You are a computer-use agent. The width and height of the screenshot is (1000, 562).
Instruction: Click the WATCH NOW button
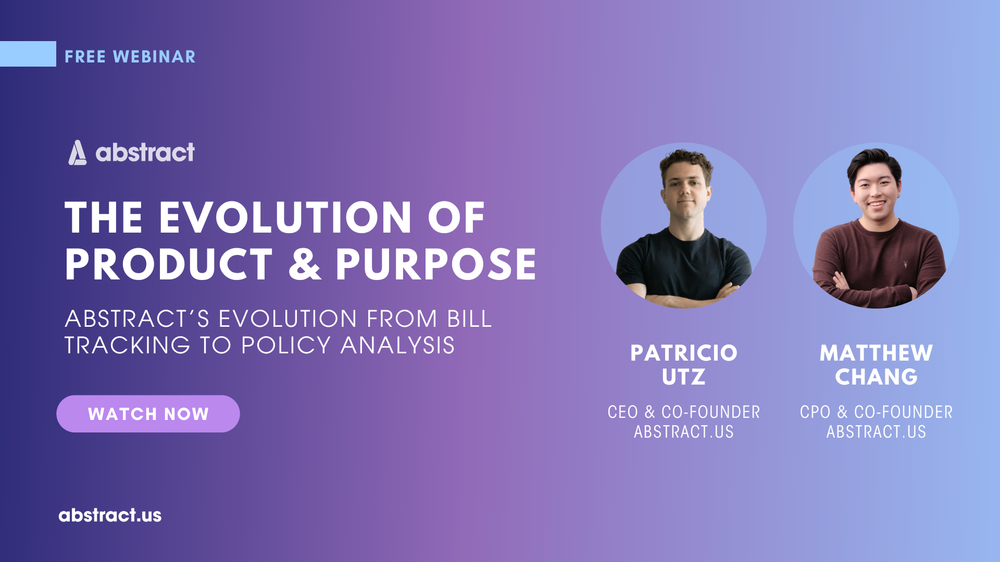[x=148, y=414]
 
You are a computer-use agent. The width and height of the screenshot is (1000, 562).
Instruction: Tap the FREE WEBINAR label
[x=130, y=56]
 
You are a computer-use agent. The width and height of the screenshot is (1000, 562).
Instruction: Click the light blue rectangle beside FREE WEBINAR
[x=28, y=54]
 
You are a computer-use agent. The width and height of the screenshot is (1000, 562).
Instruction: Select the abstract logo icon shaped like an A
[x=77, y=152]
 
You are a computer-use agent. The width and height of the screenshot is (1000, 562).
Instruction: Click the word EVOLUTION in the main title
[x=285, y=218]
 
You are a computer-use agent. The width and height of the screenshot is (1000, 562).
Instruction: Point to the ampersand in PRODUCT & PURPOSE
[x=305, y=264]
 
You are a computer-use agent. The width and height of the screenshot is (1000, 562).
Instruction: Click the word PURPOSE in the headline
[x=435, y=264]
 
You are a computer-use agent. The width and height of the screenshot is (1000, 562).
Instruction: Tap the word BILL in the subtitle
[x=469, y=319]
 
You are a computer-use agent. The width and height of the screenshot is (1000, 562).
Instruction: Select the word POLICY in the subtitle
[x=285, y=346]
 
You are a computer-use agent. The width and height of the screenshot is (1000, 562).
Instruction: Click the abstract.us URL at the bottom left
[x=110, y=515]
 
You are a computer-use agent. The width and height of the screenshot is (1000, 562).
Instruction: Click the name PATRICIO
[x=684, y=353]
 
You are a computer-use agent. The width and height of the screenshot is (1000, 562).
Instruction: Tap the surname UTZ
[x=684, y=377]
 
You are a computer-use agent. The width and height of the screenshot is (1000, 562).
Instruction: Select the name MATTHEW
[x=876, y=353]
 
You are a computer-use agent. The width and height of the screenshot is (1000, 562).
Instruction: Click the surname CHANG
[x=876, y=377]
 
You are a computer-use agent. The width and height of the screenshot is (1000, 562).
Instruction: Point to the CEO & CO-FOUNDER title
[x=684, y=412]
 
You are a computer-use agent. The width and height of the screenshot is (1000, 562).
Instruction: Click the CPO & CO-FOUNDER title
[x=876, y=412]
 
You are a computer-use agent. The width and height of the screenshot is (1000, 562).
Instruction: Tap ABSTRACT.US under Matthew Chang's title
[x=876, y=432]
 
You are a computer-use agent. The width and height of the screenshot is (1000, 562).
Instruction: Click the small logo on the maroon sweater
[x=905, y=265]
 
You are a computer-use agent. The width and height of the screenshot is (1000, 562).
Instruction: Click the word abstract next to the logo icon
[x=145, y=152]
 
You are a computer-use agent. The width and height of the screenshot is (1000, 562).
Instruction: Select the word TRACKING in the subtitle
[x=127, y=346]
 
